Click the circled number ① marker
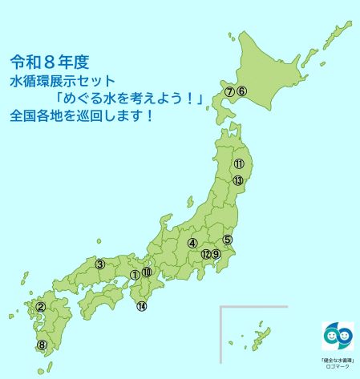point(134,275)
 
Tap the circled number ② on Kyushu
point(40,306)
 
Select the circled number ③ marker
point(100,264)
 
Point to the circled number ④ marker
point(192,243)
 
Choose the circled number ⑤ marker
point(228,239)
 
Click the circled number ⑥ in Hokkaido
point(241,91)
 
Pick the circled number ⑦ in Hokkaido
point(229,91)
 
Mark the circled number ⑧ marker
point(42,345)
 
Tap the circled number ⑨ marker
point(216,254)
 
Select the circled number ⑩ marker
point(147,272)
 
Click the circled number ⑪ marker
point(239,164)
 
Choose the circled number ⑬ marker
point(238,181)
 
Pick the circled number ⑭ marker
point(142,306)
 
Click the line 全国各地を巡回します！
point(82,116)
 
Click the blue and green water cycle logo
point(338,337)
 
